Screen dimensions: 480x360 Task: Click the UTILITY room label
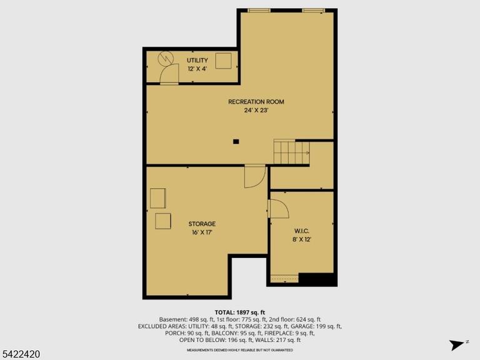197,60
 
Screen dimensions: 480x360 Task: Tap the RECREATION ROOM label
256,102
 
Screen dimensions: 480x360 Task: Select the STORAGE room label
202,224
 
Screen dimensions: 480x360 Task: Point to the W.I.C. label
302,231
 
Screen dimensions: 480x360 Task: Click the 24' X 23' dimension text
256,110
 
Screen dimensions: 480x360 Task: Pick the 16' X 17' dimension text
202,232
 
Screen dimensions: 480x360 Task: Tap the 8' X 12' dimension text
302,239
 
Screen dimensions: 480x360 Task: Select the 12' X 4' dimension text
197,69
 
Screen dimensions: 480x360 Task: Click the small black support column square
236,141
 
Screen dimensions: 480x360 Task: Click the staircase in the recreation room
291,152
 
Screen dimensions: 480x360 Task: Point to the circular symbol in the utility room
166,58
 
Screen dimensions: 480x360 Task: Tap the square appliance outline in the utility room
224,61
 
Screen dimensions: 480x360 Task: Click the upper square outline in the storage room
158,198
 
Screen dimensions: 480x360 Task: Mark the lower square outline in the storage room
163,221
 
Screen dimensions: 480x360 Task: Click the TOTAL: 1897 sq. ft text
240,312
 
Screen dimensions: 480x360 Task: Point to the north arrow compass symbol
457,345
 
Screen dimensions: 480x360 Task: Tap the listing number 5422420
20,354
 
